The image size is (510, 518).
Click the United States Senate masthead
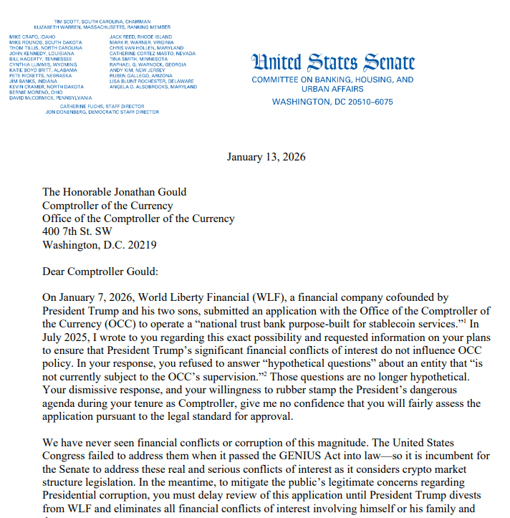point(332,62)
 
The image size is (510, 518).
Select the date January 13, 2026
point(266,157)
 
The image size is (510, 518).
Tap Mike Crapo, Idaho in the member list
point(33,36)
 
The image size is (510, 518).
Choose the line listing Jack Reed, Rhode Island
point(140,36)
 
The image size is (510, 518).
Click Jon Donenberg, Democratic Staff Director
point(102,112)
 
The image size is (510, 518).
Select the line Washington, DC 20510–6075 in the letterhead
point(332,102)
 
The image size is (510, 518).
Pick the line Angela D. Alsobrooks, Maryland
point(153,87)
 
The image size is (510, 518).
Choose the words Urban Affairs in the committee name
point(332,90)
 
